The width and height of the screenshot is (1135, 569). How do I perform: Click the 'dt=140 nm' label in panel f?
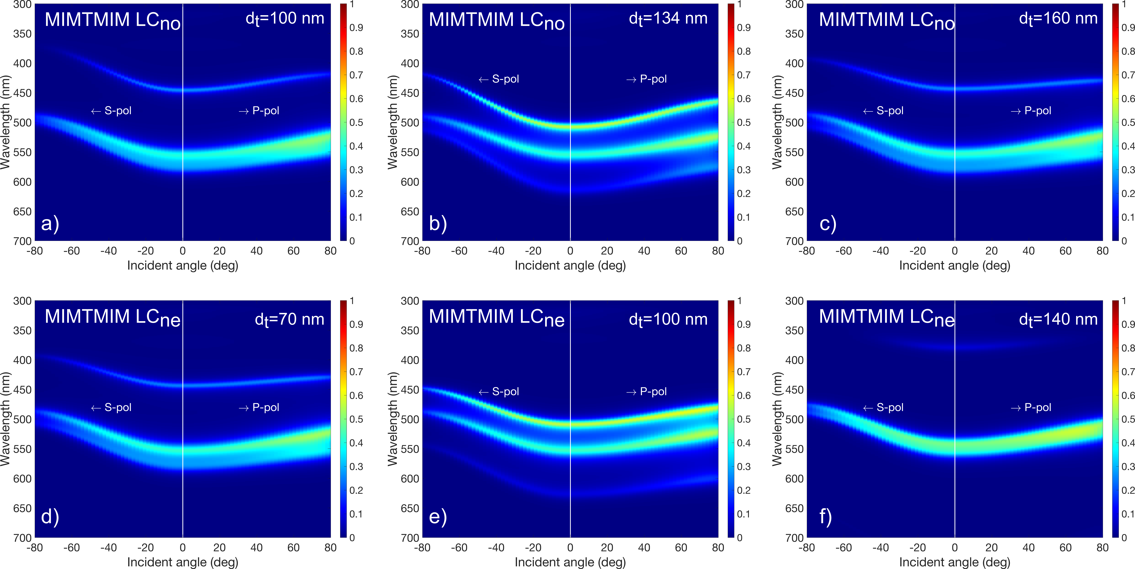pyautogui.click(x=1058, y=319)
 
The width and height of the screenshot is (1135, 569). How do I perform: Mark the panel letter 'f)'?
pyautogui.click(x=825, y=517)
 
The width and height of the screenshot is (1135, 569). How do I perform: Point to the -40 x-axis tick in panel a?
pyautogui.click(x=108, y=251)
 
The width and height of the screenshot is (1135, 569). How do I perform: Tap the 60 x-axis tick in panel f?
pyautogui.click(x=1065, y=548)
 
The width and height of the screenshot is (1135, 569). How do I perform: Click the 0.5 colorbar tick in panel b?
pyautogui.click(x=744, y=122)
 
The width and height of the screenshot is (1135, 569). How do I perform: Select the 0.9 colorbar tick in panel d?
pyautogui.click(x=356, y=324)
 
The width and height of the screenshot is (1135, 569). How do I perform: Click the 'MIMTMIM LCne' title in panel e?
pyautogui.click(x=497, y=317)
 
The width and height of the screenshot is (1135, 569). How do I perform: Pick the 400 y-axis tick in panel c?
pyautogui.click(x=794, y=64)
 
